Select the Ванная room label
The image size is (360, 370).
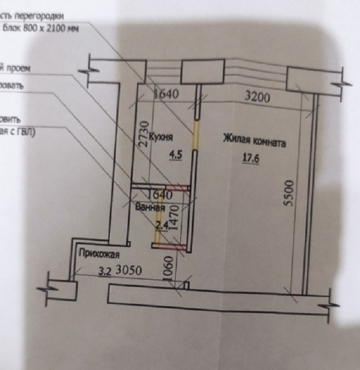(x=150, y=207)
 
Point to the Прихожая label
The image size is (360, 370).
(x=99, y=253)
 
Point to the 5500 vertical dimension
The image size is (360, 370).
(x=290, y=192)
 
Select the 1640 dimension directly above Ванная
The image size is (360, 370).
(x=160, y=194)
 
